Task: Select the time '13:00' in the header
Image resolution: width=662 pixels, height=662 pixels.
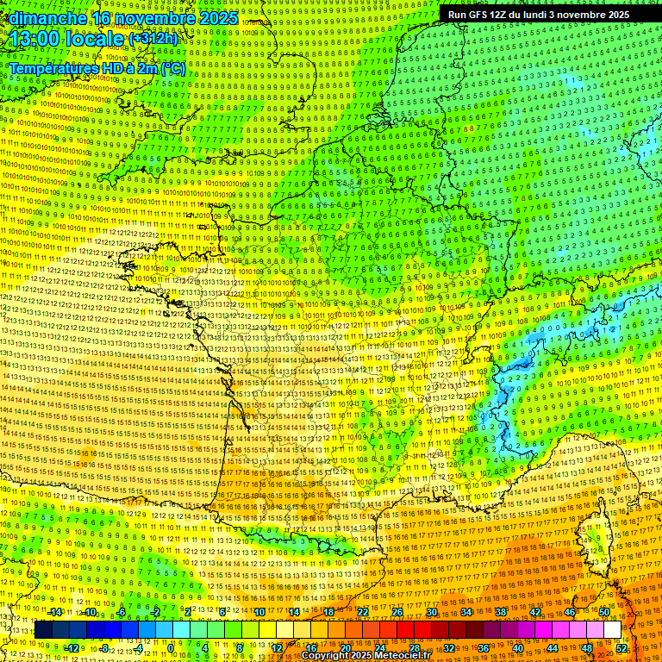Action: [x=35, y=39]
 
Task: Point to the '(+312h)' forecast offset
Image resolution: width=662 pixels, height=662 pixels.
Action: [x=153, y=39]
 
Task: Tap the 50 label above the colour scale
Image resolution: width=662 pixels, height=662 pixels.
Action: [x=603, y=612]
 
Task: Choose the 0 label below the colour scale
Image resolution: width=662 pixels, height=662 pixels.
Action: [x=171, y=647]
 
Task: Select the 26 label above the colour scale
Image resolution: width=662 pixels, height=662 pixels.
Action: [x=397, y=612]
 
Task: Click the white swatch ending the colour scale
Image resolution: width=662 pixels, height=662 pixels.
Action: [x=612, y=630]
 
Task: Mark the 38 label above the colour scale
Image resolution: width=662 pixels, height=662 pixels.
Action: [x=501, y=612]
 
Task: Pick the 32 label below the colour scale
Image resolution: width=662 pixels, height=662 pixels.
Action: [x=449, y=647]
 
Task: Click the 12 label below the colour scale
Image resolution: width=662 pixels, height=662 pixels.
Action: [x=277, y=647]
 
